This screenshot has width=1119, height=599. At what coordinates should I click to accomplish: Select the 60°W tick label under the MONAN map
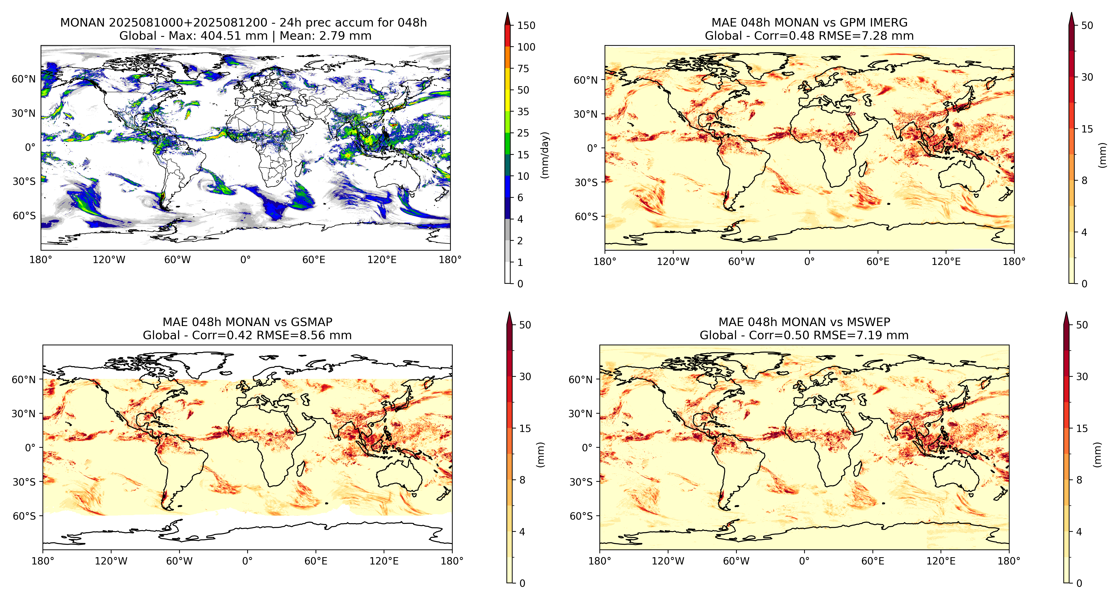click(177, 260)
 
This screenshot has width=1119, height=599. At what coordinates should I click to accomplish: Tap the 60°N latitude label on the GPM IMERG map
click(586, 80)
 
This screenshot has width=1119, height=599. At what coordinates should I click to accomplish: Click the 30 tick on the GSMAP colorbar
click(525, 377)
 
